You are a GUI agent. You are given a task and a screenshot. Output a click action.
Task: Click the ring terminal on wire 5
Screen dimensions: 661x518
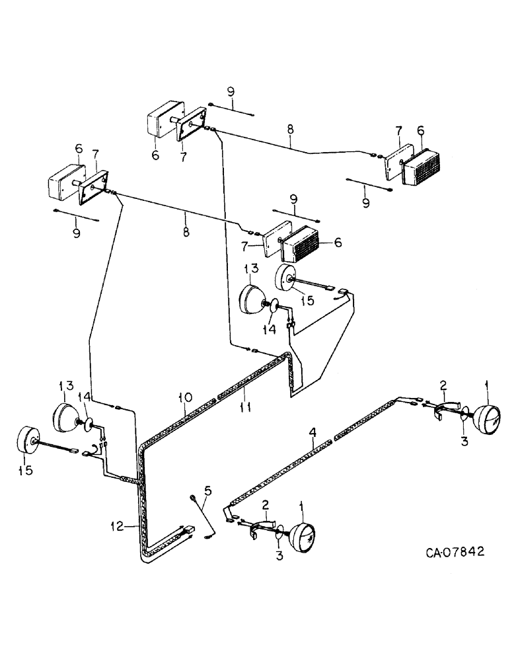pyautogui.click(x=192, y=498)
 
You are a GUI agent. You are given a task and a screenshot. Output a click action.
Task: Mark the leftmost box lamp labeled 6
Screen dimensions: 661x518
pyautogui.click(x=65, y=182)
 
